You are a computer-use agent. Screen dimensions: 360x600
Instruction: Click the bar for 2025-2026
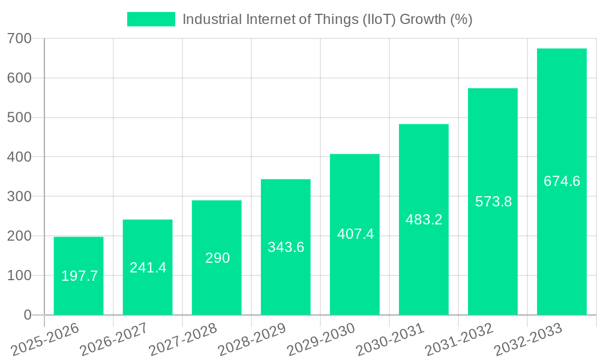[79, 252]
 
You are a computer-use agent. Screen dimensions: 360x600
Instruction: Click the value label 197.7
[79, 276]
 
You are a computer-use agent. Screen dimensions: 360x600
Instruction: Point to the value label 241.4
[148, 268]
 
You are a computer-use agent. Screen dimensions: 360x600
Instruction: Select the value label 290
[217, 258]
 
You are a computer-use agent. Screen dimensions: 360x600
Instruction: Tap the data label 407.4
[355, 234]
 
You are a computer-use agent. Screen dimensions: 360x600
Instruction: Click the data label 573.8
[493, 202]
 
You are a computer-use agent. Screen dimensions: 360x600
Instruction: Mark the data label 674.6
[562, 181]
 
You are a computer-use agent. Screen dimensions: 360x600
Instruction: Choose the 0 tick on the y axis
[28, 315]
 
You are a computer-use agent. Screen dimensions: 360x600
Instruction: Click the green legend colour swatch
[151, 19]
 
